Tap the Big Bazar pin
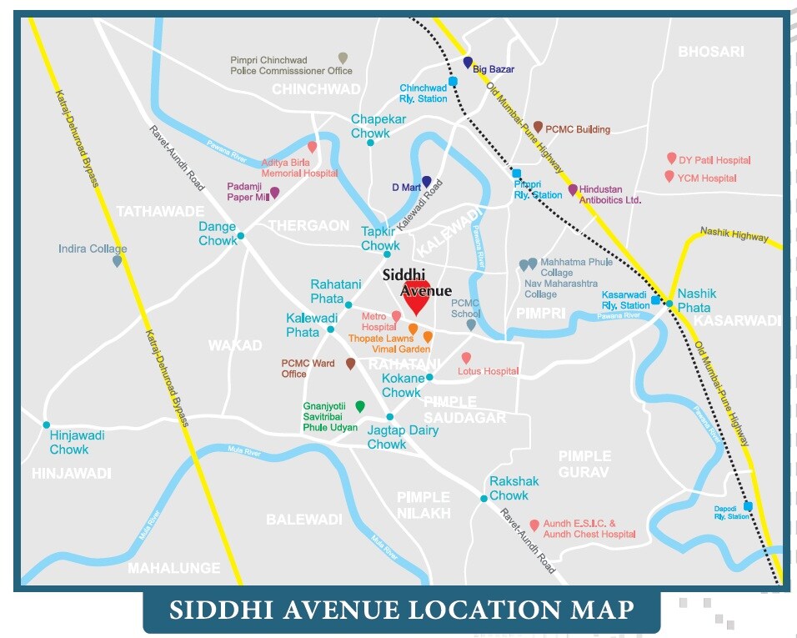468,63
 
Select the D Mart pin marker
427,182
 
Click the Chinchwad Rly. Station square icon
453,82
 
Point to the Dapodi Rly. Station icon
748,505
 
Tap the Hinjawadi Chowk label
69,442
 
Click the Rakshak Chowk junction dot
484,499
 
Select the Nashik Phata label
697,300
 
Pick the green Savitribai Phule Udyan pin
360,406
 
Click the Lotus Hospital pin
466,358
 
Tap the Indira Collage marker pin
117,261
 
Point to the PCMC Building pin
539,127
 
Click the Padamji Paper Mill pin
274,193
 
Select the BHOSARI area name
710,52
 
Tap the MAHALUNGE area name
174,568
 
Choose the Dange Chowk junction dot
241,236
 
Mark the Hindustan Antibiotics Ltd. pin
573,190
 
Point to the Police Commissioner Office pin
343,58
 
